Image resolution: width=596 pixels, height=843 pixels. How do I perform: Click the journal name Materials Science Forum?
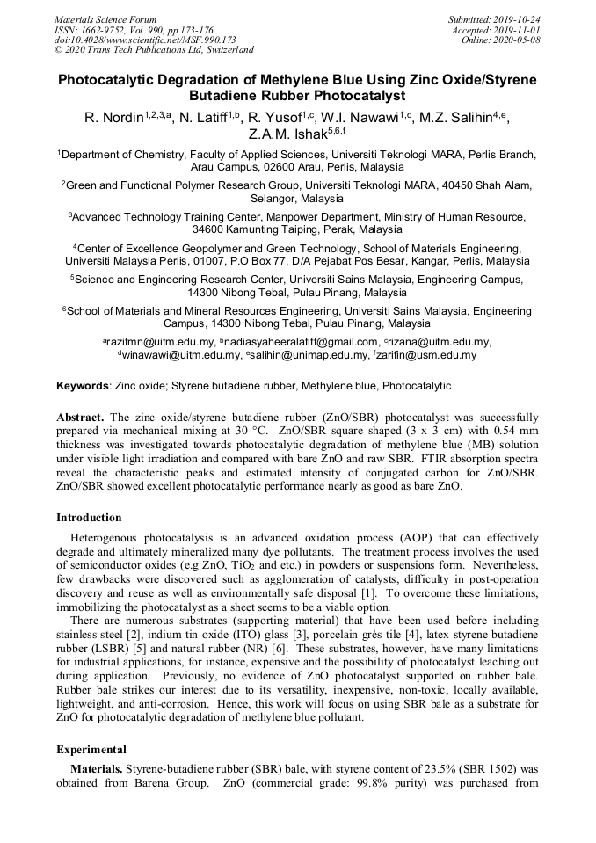pyautogui.click(x=105, y=18)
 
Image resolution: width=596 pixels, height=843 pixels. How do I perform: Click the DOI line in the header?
pyautogui.click(x=144, y=40)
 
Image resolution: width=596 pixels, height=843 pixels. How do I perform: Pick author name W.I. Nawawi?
pyautogui.click(x=363, y=119)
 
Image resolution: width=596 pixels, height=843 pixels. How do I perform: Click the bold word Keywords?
pyautogui.click(x=84, y=386)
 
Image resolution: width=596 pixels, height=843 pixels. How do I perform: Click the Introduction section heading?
pyautogui.click(x=89, y=518)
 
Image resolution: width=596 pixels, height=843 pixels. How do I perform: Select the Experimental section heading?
pyautogui.click(x=92, y=750)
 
